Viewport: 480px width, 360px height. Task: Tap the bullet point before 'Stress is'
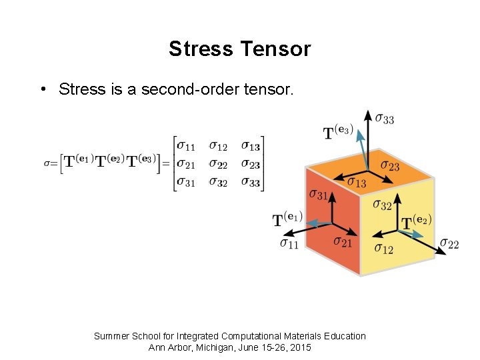[42, 89]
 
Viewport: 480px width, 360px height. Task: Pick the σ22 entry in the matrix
[218, 164]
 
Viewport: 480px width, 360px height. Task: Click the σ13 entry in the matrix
[250, 145]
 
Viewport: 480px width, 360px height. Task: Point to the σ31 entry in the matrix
[185, 182]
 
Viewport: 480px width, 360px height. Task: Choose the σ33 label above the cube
[384, 119]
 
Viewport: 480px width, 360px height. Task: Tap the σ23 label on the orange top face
[389, 165]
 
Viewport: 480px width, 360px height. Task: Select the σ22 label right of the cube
[449, 244]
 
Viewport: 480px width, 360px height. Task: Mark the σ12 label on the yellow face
[383, 249]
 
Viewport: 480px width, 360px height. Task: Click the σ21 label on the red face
[342, 241]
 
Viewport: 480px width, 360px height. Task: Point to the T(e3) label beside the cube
[338, 132]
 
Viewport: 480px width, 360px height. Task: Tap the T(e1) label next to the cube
[287, 219]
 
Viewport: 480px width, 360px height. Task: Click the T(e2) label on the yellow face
[417, 221]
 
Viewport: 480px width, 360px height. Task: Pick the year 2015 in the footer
[299, 348]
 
